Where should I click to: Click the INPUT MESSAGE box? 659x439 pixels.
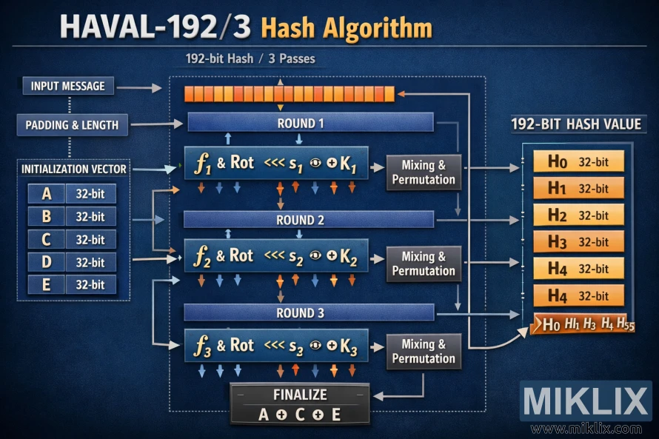coord(68,86)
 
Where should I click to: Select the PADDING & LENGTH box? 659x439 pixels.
coord(72,124)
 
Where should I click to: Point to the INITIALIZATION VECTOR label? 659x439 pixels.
coord(73,169)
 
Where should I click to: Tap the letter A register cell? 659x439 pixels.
coord(47,194)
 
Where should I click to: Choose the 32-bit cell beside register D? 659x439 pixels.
coord(90,262)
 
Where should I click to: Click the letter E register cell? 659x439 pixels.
coord(47,285)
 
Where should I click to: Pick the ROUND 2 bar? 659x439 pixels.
coord(308,220)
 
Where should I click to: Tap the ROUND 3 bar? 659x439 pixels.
coord(308,312)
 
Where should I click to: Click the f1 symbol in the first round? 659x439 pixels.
coord(202,164)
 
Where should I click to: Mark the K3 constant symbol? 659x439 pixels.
coord(348,346)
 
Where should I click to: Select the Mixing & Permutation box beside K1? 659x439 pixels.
coord(424,172)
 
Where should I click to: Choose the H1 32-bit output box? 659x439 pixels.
coord(578,188)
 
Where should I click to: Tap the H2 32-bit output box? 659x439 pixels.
coord(578,215)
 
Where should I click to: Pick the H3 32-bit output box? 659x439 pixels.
coord(578,242)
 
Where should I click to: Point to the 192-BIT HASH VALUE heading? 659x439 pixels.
coord(576,124)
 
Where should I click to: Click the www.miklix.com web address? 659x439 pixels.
coord(586,429)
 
